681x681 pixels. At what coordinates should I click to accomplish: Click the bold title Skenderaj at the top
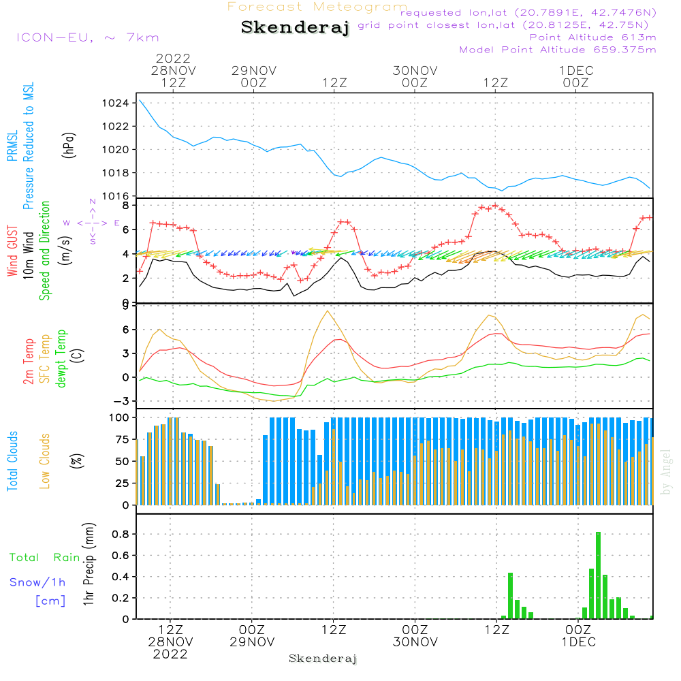click(x=295, y=28)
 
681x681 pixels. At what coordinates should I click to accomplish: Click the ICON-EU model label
click(x=87, y=38)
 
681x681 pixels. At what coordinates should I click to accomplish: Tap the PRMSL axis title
click(x=12, y=147)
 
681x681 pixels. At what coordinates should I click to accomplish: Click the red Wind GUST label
click(x=12, y=252)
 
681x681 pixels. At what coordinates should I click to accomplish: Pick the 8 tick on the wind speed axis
click(x=125, y=204)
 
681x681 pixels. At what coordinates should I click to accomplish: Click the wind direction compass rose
click(x=93, y=223)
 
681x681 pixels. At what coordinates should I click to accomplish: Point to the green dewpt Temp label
click(x=62, y=359)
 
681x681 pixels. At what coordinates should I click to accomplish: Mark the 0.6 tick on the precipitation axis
click(x=120, y=555)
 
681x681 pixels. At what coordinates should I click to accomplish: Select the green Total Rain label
click(x=45, y=558)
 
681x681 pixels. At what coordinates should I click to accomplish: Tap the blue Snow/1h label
click(x=38, y=582)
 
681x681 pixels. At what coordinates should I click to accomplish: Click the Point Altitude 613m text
click(x=592, y=37)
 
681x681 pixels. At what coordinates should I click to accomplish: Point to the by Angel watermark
click(x=666, y=471)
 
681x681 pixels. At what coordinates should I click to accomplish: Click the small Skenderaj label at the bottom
click(x=323, y=659)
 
